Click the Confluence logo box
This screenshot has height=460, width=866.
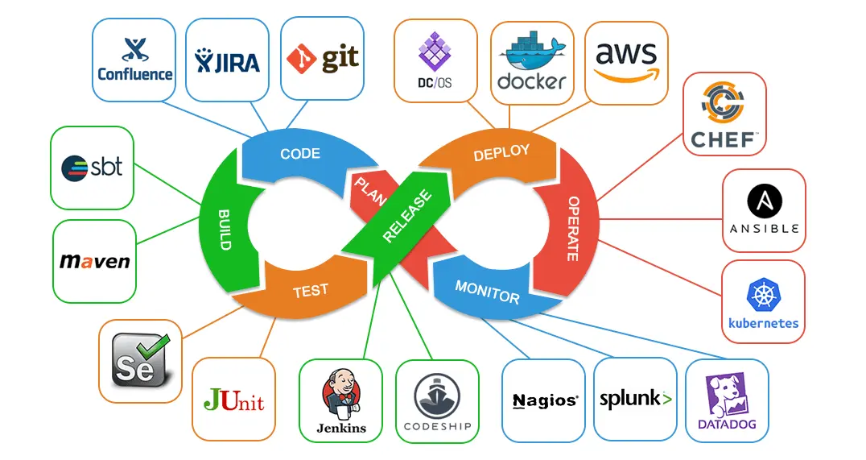pos(134,60)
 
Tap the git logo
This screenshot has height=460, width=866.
pos(322,59)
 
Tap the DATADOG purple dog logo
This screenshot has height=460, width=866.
pos(726,395)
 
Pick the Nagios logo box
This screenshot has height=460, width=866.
pos(544,400)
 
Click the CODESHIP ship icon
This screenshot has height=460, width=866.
pos(437,395)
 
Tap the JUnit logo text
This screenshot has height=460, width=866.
pos(233,400)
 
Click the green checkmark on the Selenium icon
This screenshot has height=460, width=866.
pos(151,349)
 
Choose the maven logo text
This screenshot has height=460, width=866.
pos(94,262)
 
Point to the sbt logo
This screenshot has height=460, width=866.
pos(92,168)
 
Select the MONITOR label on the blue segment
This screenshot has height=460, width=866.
pos(487,292)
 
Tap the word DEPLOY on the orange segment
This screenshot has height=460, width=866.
pos(501,152)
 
